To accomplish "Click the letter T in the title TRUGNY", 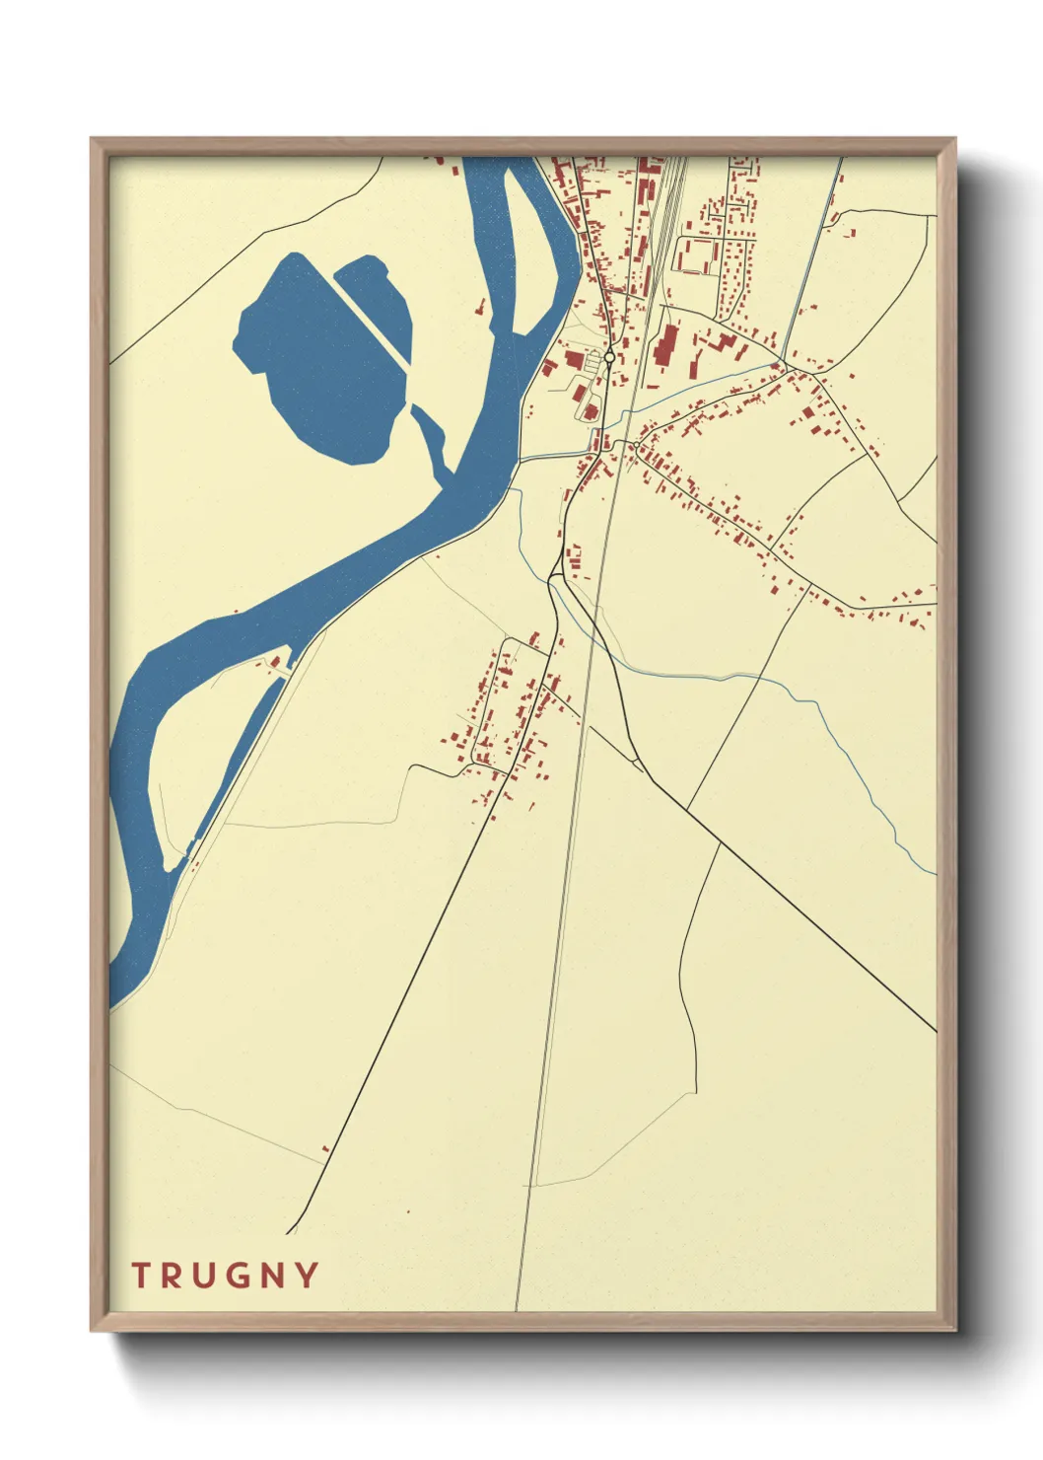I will [141, 1275].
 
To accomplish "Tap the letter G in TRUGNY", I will [238, 1275].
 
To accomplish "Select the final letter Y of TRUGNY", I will [307, 1275].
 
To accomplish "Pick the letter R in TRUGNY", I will [172, 1275].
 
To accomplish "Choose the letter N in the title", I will [273, 1275].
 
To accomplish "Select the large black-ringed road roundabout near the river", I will [610, 357].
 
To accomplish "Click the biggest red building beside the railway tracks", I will [665, 344].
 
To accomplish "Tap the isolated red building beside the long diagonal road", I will [325, 1148].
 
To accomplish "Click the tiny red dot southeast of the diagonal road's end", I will [407, 1210].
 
